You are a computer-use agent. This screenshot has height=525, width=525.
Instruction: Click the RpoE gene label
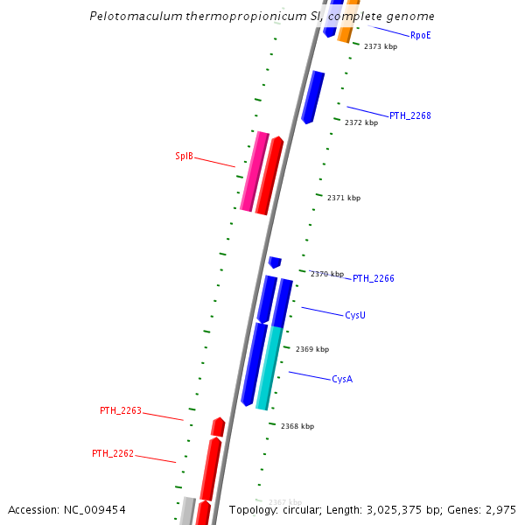420,35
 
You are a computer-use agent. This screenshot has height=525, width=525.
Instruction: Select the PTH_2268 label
409,115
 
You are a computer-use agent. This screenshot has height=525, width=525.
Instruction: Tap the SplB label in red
184,156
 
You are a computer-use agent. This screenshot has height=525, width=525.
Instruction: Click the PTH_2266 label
374,278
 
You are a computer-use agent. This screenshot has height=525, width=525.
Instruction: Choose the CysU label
355,315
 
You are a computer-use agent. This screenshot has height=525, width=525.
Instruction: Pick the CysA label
342,379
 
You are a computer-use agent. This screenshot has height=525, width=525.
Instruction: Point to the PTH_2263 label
120,410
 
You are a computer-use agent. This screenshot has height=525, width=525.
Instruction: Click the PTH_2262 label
113,453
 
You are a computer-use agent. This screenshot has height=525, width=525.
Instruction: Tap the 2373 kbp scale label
381,46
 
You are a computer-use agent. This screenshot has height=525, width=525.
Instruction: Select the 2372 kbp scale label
361,122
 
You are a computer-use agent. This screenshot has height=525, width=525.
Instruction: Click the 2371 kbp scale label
344,198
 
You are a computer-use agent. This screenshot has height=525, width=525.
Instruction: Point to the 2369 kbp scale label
312,349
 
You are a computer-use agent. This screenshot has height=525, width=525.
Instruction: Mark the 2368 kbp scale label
297,426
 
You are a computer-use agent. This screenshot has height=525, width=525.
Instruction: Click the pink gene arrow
254,171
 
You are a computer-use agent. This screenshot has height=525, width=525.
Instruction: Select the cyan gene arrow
269,367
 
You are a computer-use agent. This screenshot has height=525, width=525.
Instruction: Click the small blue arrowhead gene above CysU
275,262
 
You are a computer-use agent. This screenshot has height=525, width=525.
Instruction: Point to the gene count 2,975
499,509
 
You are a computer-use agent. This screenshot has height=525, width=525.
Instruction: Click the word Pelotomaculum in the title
135,16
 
